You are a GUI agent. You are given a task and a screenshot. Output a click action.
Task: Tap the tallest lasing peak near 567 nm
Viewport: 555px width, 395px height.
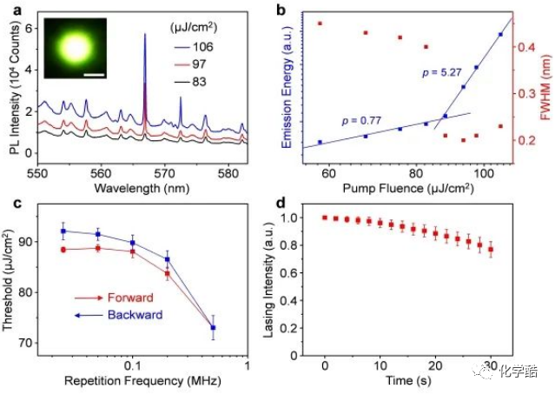pyautogui.click(x=144, y=35)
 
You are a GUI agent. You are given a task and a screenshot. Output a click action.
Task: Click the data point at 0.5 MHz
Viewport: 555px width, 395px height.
pyautogui.click(x=214, y=327)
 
